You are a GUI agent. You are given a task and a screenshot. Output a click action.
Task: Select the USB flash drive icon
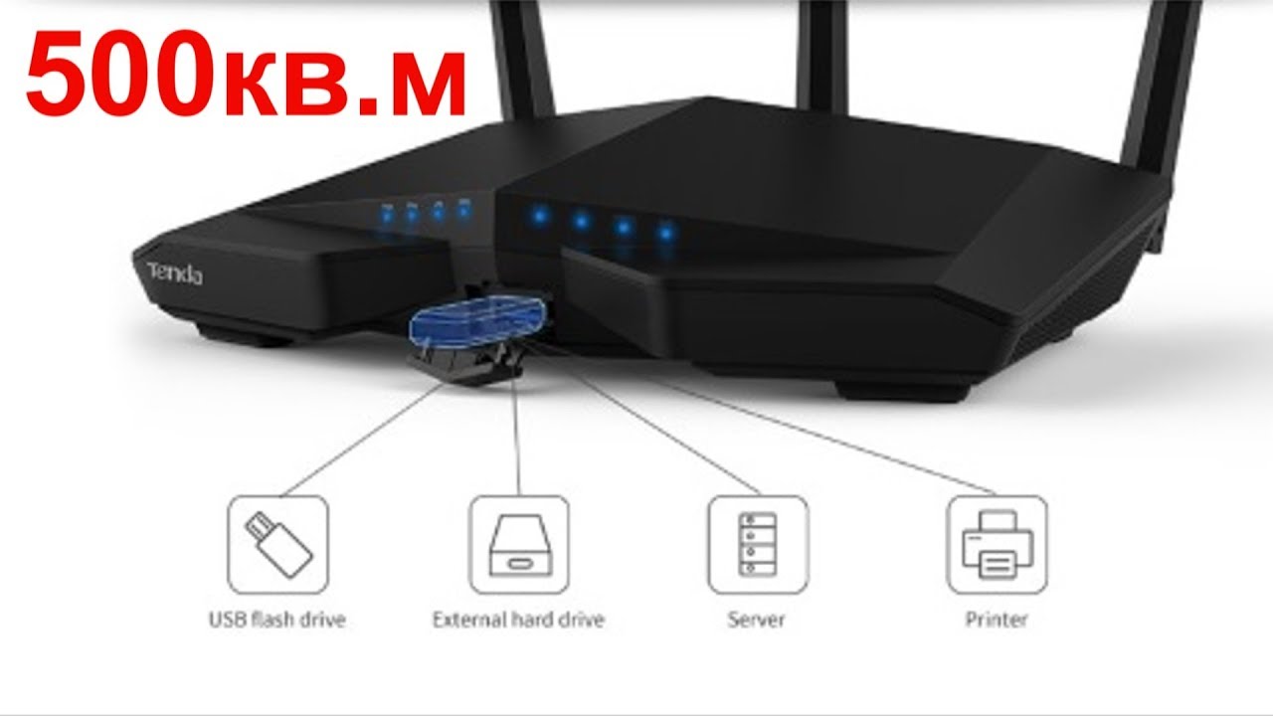[277, 544]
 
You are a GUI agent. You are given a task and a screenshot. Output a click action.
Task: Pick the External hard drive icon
[518, 544]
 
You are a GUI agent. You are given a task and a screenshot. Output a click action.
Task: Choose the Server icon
[758, 544]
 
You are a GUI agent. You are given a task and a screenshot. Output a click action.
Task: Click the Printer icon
[997, 544]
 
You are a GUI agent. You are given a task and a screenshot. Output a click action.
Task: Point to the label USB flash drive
[276, 620]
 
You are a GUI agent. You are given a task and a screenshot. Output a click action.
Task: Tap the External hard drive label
[518, 620]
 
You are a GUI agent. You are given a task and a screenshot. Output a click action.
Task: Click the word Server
[756, 620]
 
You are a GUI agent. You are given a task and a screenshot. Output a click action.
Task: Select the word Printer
[996, 620]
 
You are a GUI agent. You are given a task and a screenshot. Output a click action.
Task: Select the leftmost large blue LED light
[538, 213]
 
